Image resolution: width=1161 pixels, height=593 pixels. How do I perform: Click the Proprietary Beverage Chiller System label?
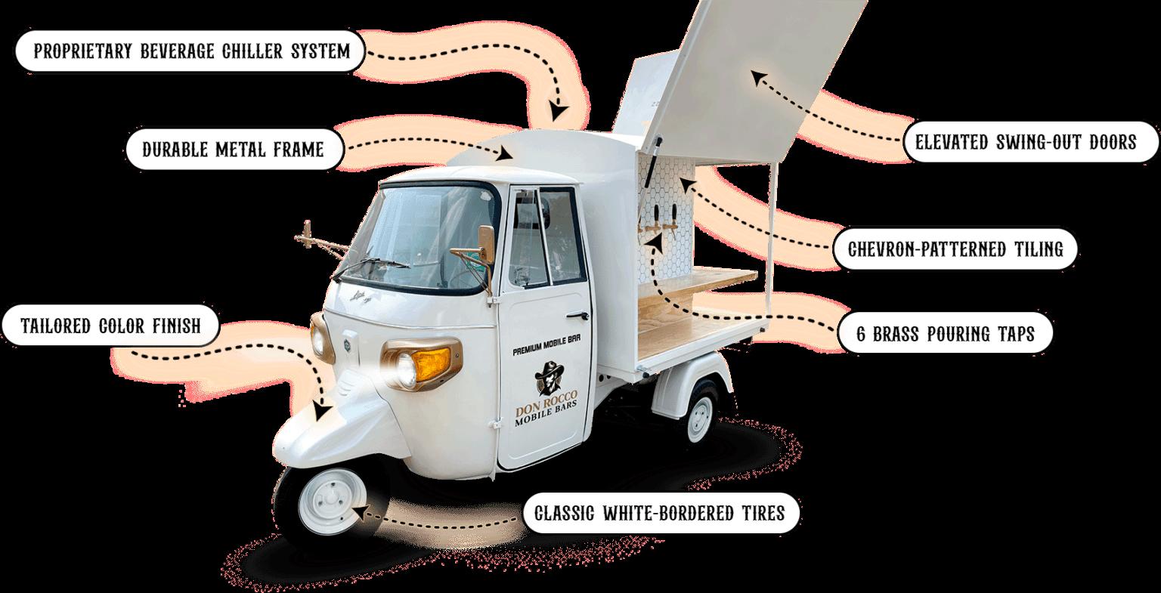pyautogui.click(x=191, y=51)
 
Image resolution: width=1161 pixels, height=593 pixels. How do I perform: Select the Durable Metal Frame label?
pyautogui.click(x=233, y=149)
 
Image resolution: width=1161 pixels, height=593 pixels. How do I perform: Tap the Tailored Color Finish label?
pyautogui.click(x=110, y=326)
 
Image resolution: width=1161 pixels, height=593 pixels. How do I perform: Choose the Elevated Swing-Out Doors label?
pyautogui.click(x=1026, y=141)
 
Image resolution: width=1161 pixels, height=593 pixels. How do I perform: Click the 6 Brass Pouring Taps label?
pyautogui.click(x=946, y=333)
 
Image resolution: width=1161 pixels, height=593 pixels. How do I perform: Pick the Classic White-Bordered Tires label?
pyautogui.click(x=658, y=514)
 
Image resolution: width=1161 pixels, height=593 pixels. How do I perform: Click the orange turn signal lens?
pyautogui.click(x=427, y=364)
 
